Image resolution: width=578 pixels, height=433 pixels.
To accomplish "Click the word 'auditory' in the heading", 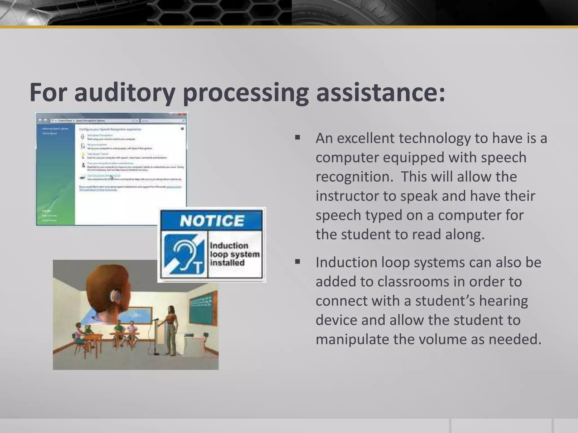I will tap(124, 93).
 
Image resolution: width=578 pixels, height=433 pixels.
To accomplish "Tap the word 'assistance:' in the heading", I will tap(381, 93).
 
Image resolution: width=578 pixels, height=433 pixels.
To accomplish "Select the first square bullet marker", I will tap(297, 138).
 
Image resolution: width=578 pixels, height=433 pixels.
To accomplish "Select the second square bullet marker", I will tap(297, 262).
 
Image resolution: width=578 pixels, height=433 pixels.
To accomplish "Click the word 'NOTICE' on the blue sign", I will tap(212, 220).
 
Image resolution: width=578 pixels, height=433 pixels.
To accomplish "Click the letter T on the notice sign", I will tap(198, 268).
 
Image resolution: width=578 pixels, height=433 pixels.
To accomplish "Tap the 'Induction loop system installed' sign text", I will tap(235, 254).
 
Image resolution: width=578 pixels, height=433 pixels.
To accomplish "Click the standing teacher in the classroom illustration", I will tap(171, 330).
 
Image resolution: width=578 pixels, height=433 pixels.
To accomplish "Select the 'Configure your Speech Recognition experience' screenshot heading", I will tap(110, 129).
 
